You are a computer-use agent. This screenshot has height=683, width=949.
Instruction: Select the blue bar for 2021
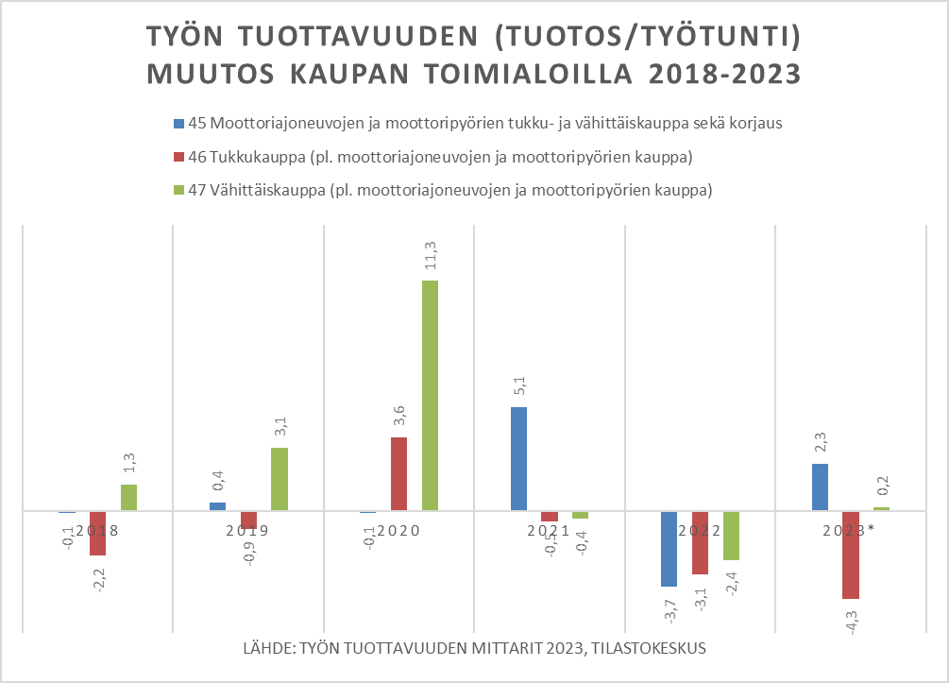click(518, 459)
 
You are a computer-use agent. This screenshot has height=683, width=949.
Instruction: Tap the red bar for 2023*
click(851, 555)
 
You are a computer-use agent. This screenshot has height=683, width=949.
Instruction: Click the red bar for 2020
click(399, 473)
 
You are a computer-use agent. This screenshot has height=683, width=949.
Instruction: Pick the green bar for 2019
click(279, 479)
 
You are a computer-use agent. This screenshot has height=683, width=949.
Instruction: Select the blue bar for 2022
click(669, 549)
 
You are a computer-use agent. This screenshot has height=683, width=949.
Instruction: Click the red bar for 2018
click(97, 533)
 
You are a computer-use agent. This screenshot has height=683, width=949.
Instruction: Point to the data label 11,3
click(430, 257)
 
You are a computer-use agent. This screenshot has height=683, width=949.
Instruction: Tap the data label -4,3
click(851, 623)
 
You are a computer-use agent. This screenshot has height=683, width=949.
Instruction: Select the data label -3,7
click(669, 610)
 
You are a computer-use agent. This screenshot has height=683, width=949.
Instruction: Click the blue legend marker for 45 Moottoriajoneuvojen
click(178, 123)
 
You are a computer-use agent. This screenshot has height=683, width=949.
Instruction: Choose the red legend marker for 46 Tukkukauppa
click(178, 156)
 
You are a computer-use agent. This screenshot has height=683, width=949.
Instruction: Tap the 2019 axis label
click(248, 531)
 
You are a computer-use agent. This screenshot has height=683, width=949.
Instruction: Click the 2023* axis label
click(848, 531)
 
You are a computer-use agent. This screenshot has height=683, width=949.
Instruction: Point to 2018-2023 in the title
click(705, 73)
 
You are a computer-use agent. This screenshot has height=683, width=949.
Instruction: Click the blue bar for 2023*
click(821, 487)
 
